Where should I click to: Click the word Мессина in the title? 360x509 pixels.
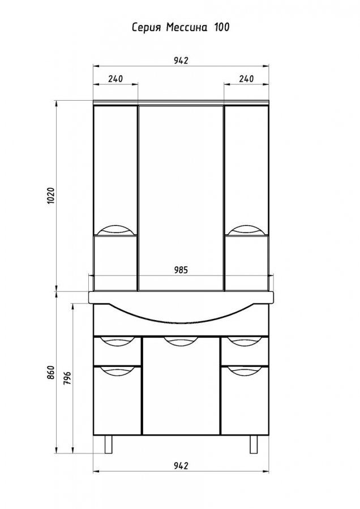point(186,27)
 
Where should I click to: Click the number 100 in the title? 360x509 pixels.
point(221,27)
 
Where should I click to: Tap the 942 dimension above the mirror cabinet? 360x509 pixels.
point(181,61)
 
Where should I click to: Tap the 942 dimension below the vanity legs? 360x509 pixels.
point(181,466)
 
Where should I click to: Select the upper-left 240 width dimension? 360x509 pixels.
point(115,79)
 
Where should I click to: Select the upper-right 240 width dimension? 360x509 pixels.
point(246,79)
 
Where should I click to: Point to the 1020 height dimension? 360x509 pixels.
point(52,195)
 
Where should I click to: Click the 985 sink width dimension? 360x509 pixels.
point(181,270)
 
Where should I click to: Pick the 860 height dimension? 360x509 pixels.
point(52,373)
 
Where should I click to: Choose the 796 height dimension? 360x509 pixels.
point(67,377)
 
